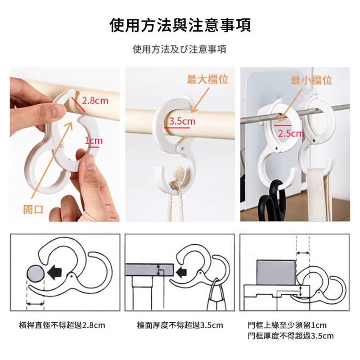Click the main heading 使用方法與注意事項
pos(180,25)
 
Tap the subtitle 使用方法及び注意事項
pos(180,49)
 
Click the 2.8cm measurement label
pos(95,100)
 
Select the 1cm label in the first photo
pos(94,140)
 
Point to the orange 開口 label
pos(33,209)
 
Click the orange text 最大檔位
pos(207,79)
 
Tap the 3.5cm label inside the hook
pos(182,121)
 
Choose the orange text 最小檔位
pos(311,80)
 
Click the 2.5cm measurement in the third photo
pos(291,133)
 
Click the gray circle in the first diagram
pos(36,272)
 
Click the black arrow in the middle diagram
pos(181,272)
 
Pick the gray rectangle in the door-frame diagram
pos(276,273)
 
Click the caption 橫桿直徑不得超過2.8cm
pos(62,325)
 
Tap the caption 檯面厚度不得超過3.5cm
pos(180,325)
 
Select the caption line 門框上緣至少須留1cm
pos(287,325)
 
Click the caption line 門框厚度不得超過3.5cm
pos(291,336)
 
